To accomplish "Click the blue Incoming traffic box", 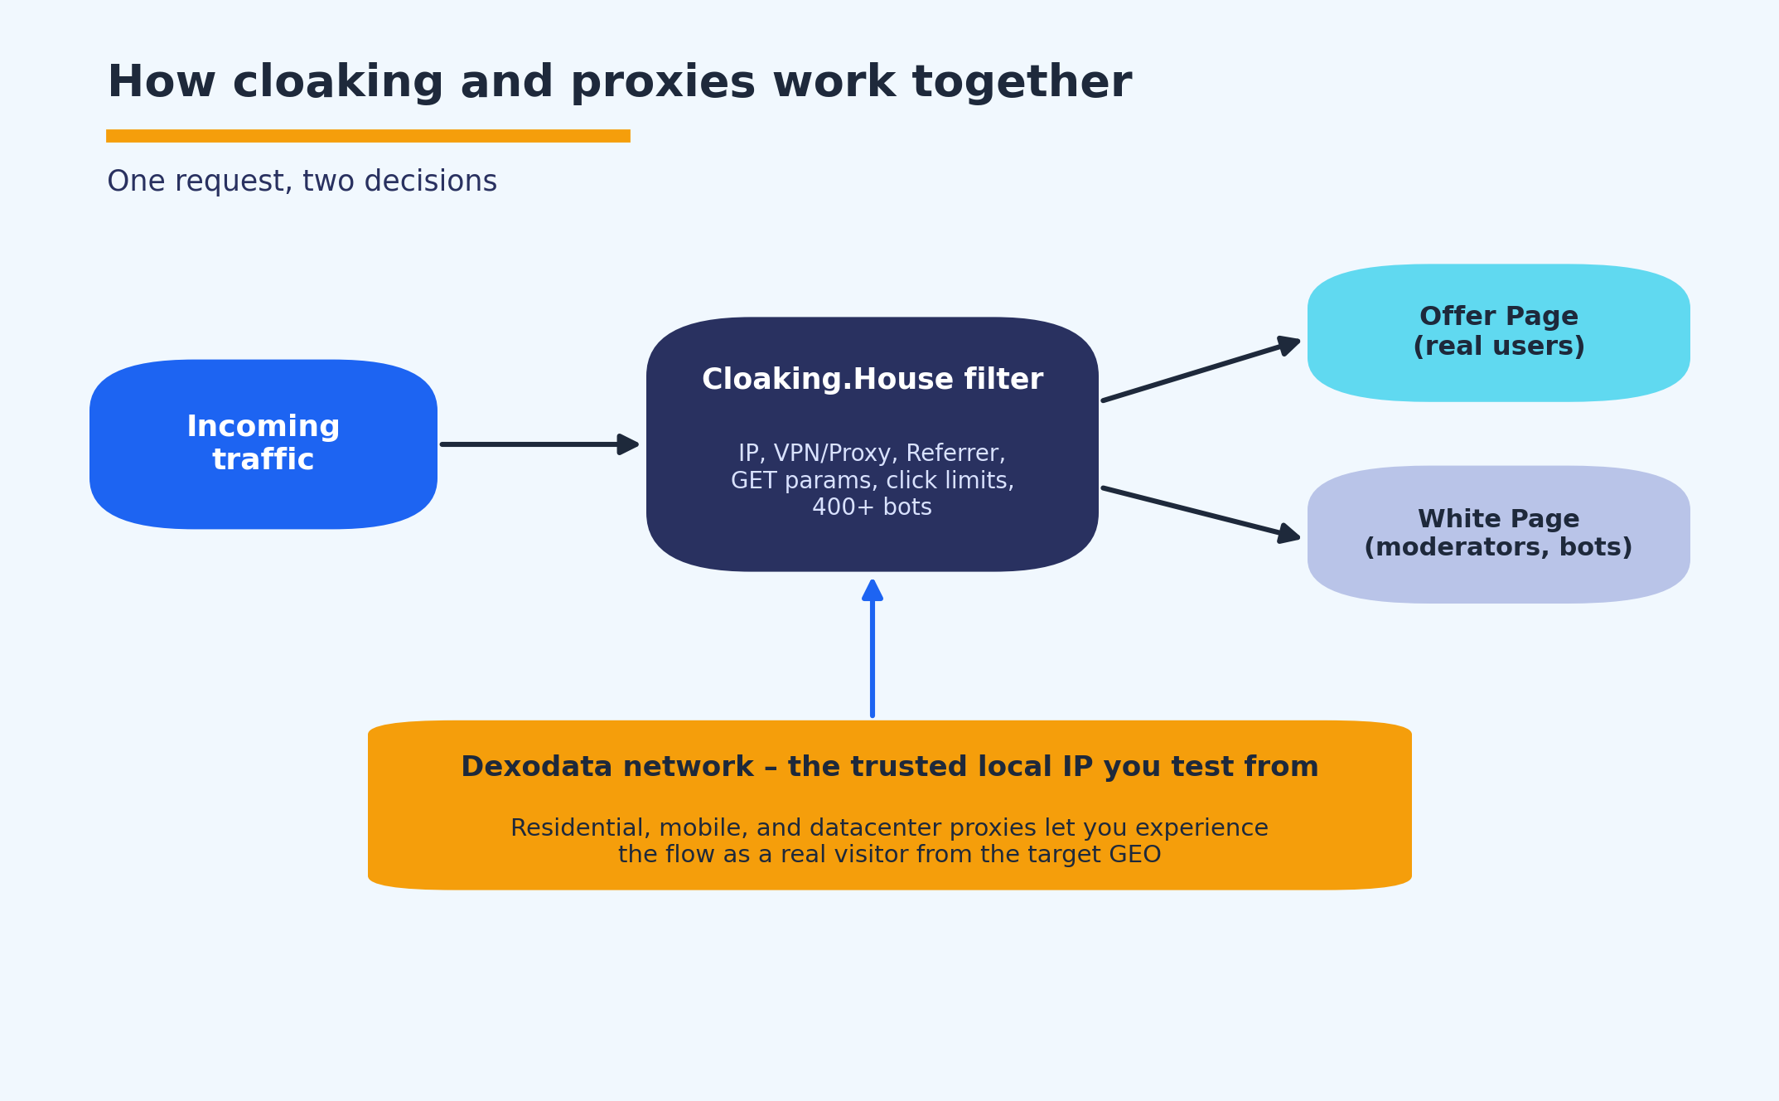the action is pos(263,444).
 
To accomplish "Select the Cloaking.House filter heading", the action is pos(873,380).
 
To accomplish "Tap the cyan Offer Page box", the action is pos(1499,332).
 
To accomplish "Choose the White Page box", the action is pos(1499,534).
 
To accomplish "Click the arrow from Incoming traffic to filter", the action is pos(539,444).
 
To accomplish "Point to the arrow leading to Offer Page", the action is pos(1201,370).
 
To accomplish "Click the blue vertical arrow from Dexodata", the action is pos(873,648).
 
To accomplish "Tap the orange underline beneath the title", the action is pos(368,136).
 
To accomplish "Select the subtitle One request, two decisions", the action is pos(302,182).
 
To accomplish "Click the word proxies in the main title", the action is pos(663,83).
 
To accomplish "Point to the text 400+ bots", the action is pos(873,507).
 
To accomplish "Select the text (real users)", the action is pos(1499,347).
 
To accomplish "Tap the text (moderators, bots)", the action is pos(1498,548).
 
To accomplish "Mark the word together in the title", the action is pos(1022,83).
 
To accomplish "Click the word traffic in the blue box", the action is pos(263,460).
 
